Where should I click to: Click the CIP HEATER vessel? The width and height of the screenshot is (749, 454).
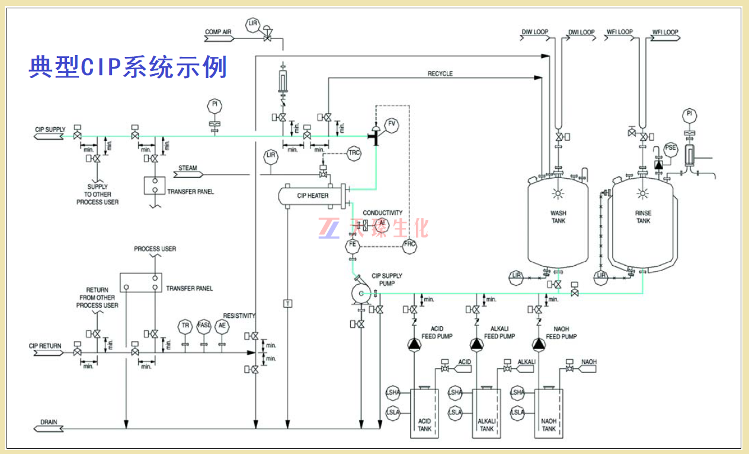312,195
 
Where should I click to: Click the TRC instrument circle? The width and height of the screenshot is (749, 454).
354,153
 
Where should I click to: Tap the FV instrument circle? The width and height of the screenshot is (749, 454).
391,124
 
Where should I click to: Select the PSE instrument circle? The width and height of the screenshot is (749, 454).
670,149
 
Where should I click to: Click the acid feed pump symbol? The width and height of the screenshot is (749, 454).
413,344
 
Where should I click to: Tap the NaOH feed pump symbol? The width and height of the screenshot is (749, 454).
538,344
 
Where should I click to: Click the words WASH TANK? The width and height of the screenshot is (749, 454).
558,217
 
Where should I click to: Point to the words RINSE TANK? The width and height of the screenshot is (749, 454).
644,217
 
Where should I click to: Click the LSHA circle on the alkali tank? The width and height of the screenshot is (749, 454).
455,392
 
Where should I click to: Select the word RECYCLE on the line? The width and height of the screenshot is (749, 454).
440,73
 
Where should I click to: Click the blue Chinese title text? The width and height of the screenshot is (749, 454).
128,67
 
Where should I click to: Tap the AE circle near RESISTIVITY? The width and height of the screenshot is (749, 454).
222,326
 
